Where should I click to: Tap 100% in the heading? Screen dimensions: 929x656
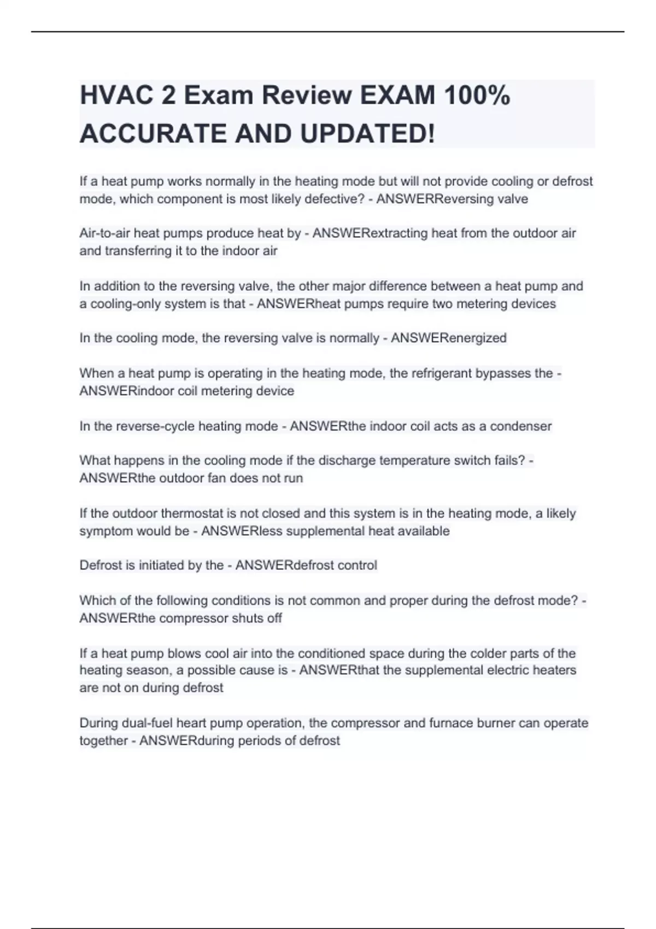477,96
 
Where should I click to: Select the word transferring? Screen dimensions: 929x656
138,251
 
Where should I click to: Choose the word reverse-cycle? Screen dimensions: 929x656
155,426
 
